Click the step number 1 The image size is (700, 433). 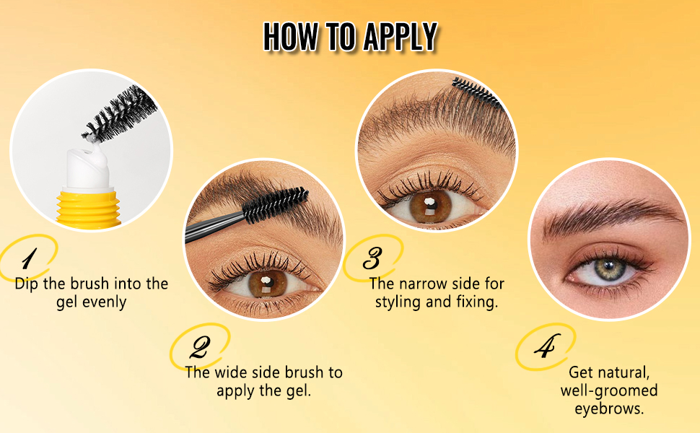(28, 258)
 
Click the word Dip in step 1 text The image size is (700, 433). (27, 283)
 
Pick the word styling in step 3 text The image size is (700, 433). (398, 302)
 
